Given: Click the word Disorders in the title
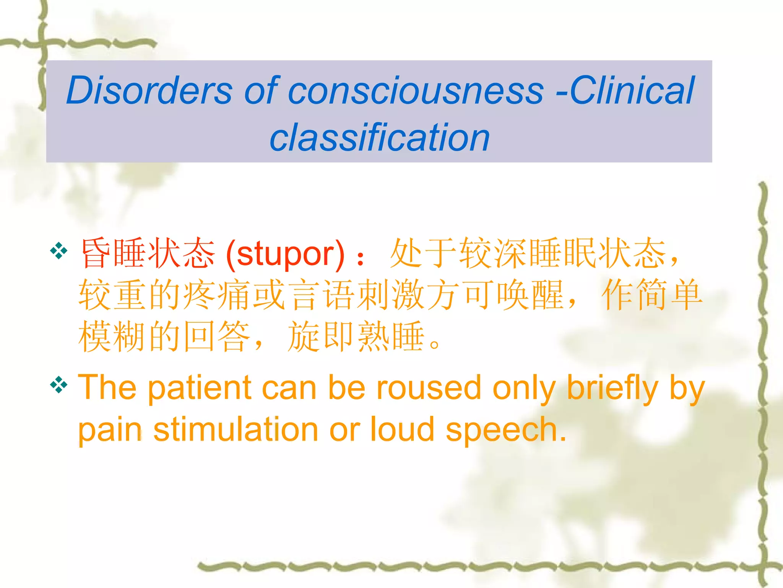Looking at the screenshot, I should click(x=149, y=90).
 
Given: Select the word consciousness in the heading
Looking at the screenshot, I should click(x=416, y=91).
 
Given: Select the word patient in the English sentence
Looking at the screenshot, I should click(x=199, y=388).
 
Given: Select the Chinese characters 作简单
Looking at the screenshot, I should click(x=651, y=295).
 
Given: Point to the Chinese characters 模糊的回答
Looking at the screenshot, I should click(x=164, y=336).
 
